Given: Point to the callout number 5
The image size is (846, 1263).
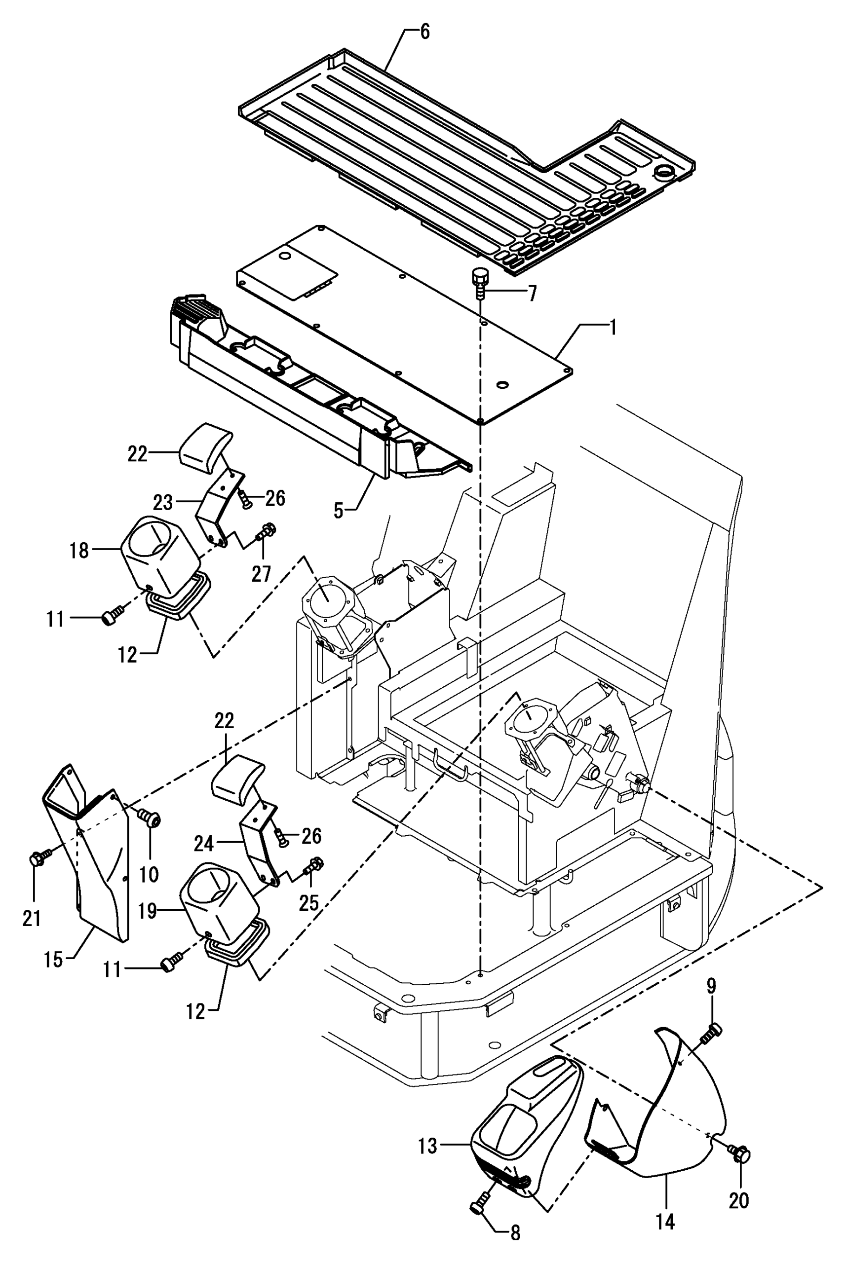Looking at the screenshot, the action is [x=338, y=510].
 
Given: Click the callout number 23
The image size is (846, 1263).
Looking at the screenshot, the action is [x=163, y=502].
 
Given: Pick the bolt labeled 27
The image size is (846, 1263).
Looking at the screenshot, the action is [x=265, y=532].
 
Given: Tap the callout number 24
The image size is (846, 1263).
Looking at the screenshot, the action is [x=204, y=844].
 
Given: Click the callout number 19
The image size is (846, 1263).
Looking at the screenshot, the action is [x=147, y=911].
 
